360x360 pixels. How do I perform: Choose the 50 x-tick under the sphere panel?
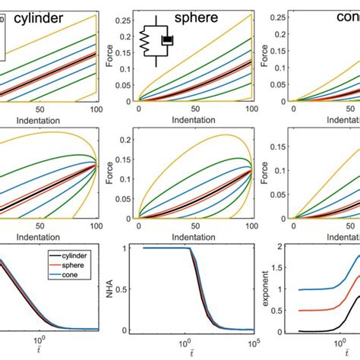pyautogui.click(x=194, y=109)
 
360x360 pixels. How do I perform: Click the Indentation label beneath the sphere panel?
pyautogui.click(x=194, y=119)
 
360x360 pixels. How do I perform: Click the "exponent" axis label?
pyautogui.click(x=267, y=290)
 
